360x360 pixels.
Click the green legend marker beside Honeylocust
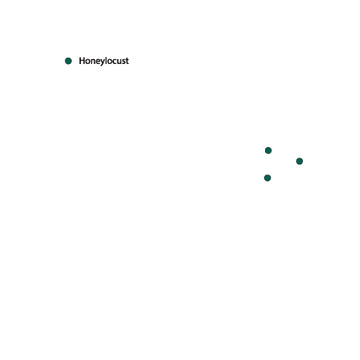(x=68, y=61)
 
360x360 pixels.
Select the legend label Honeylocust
(x=104, y=61)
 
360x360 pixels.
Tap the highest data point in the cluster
(x=269, y=150)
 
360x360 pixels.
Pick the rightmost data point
(x=300, y=161)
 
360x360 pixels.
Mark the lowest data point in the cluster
(x=267, y=178)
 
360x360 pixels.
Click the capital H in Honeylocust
(x=82, y=60)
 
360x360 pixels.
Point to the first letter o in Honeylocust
(x=89, y=62)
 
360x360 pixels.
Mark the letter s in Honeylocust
(x=124, y=62)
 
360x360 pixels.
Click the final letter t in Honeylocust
(x=127, y=61)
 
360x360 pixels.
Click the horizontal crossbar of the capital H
(x=82, y=60)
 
